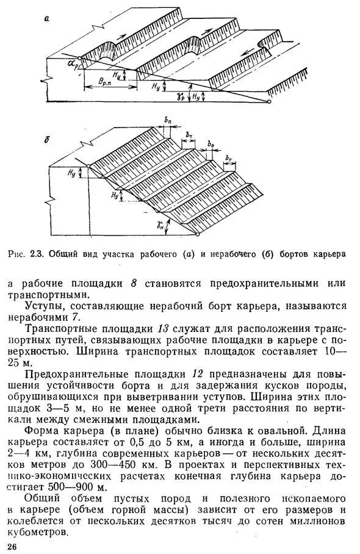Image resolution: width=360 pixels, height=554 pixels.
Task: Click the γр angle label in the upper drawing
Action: [x=181, y=96]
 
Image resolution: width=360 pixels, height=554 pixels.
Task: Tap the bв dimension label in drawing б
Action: [x=211, y=143]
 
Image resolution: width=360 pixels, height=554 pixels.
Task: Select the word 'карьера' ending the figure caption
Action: [x=329, y=253]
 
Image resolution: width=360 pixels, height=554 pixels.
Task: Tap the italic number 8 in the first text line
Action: [x=134, y=284]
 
